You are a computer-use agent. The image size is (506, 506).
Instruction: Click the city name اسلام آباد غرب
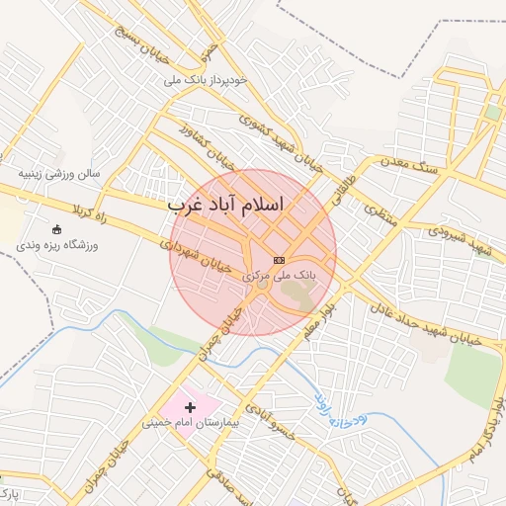[x=225, y=205]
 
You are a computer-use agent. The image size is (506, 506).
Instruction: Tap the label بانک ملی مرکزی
[x=279, y=276]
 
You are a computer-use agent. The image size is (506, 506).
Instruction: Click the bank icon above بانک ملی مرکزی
[x=280, y=259]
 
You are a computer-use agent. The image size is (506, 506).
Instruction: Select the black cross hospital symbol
[x=190, y=407]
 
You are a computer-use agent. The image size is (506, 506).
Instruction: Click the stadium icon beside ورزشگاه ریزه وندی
[x=55, y=229]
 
